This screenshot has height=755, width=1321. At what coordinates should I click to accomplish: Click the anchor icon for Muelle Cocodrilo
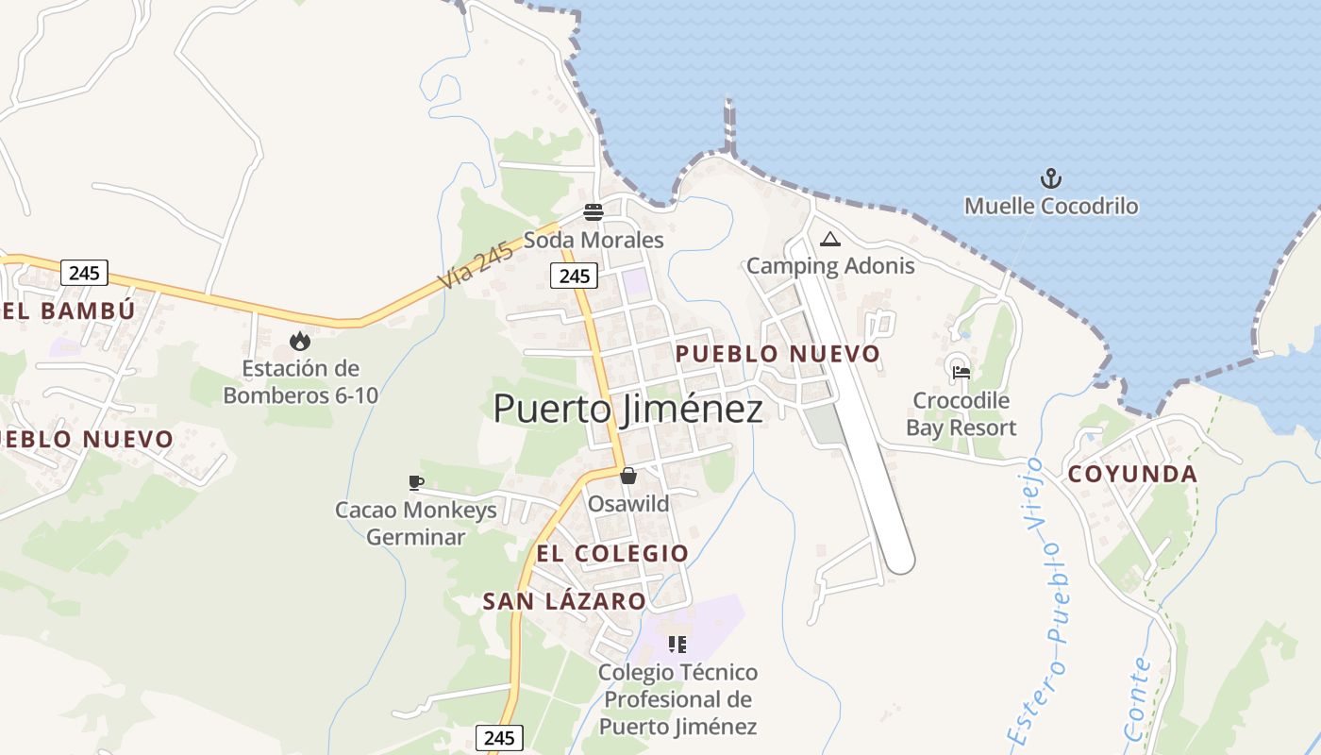(x=1050, y=178)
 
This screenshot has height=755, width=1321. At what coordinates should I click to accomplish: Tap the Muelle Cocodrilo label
(x=1050, y=206)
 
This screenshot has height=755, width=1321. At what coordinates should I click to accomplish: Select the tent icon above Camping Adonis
(x=829, y=240)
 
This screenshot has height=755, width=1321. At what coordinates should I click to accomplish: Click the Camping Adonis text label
(x=830, y=265)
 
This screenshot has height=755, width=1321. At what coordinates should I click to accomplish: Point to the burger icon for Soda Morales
(x=593, y=212)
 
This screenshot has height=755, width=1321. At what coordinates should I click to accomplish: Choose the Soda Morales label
(x=594, y=240)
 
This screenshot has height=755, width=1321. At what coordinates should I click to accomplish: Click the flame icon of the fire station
(x=300, y=341)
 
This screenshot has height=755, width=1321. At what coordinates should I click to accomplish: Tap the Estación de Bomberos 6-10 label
(x=300, y=381)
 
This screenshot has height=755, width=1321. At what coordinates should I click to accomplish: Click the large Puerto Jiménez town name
(x=627, y=409)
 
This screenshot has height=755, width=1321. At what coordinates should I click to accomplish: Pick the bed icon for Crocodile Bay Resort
(x=961, y=372)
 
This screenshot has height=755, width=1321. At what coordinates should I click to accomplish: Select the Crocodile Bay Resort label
(x=961, y=414)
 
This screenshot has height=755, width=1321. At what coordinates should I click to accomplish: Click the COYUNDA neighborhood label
(x=1132, y=475)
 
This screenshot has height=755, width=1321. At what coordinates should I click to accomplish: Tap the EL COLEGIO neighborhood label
(x=612, y=553)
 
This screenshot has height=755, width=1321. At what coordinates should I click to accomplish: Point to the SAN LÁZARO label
(x=564, y=601)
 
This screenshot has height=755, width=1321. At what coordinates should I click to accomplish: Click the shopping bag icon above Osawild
(x=627, y=476)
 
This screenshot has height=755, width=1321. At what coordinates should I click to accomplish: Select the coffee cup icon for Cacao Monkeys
(x=415, y=483)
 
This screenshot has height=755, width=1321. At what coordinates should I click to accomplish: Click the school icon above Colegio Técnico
(x=677, y=645)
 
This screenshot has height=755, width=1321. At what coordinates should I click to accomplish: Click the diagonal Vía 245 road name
(x=476, y=265)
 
